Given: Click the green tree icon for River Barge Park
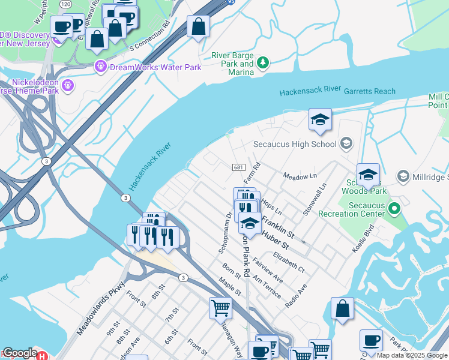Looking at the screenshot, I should click(262, 62).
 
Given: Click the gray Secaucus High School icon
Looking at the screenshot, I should click(346, 143).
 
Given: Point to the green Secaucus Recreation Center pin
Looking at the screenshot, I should click(394, 209).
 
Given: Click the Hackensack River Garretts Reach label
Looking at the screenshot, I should click(337, 92).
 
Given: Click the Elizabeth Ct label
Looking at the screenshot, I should click(289, 262).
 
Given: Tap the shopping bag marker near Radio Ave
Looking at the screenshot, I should click(342, 310).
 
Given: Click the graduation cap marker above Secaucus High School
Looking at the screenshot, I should click(320, 119).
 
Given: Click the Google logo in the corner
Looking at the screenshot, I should click(20, 353).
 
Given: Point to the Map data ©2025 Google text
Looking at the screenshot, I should click(412, 355).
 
